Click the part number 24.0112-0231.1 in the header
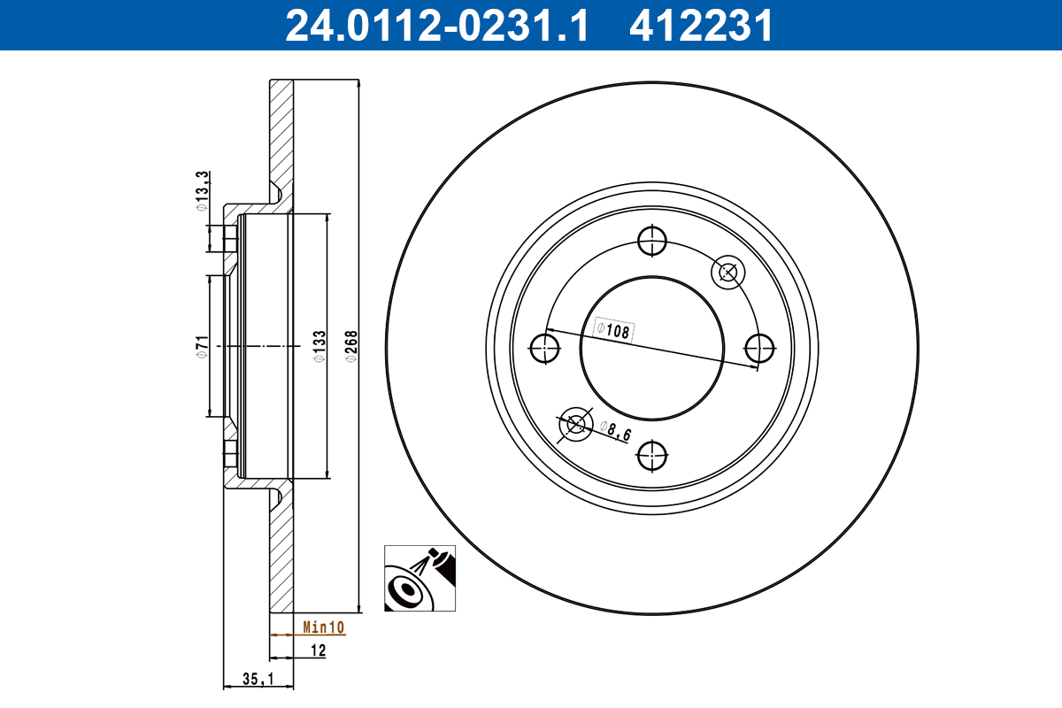pos(435,25)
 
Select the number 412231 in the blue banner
pos(701,25)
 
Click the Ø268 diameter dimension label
pos(350,346)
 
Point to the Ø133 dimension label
pos(319,346)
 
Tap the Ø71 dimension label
pos(201,346)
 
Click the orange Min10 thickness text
pos(323,627)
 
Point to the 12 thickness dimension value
pos(319,651)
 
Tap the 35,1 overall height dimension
pos(255,679)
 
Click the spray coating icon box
pos(420,578)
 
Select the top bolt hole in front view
pos(652,239)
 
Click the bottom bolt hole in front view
pos(652,456)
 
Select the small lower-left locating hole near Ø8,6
pos(576,424)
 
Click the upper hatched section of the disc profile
pos(281,133)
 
